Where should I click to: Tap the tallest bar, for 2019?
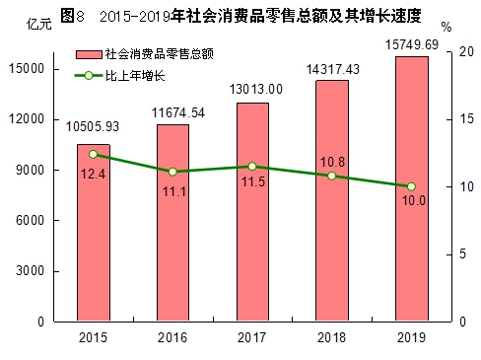point(411,188)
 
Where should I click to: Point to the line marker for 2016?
point(172,172)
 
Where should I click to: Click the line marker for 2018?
point(331,176)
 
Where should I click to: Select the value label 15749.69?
point(411,44)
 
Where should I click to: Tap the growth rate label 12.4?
point(94,174)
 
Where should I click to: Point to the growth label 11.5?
point(252,185)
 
